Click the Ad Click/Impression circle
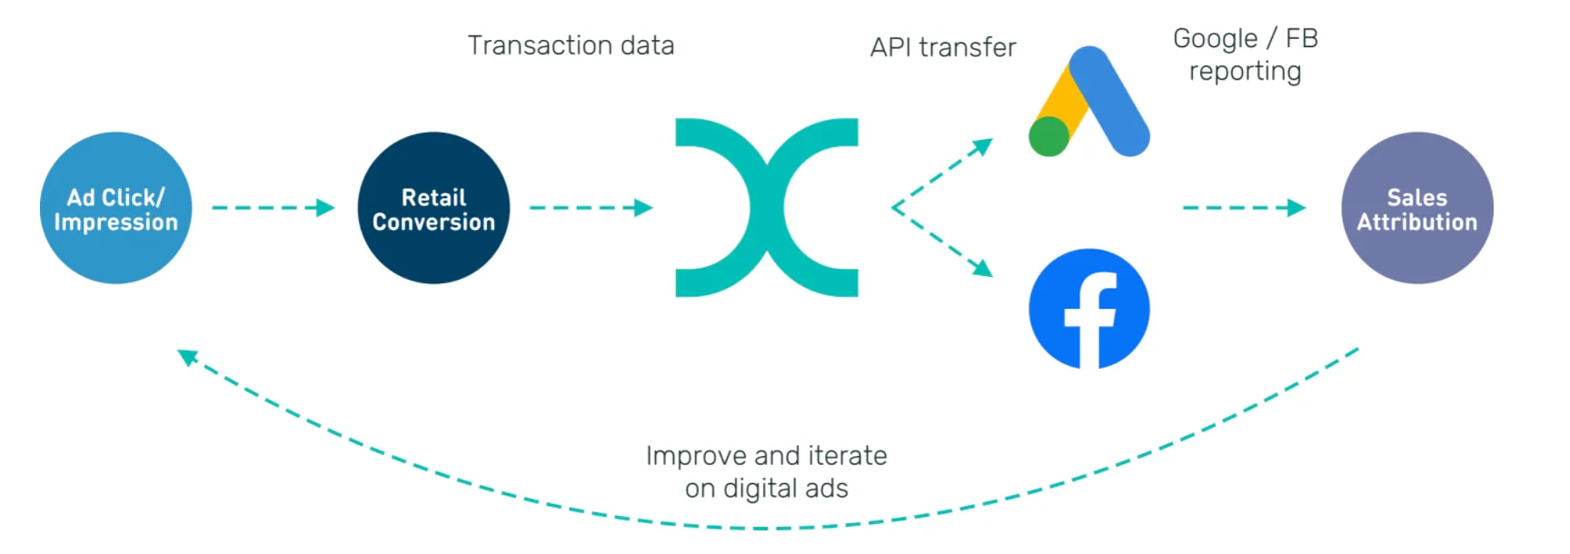point(116,208)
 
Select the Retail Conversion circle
point(433,208)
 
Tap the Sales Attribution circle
point(1416,208)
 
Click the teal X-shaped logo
point(767,207)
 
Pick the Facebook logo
point(1088,309)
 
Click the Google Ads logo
point(1090,102)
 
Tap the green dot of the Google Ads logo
point(1048,137)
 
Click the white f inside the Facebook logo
point(1090,318)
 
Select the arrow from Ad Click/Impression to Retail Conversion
point(273,208)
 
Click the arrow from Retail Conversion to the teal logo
point(591,208)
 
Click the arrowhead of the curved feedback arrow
point(188,357)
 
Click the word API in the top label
point(890,47)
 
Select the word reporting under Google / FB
point(1245,71)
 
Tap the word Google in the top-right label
point(1215,38)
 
